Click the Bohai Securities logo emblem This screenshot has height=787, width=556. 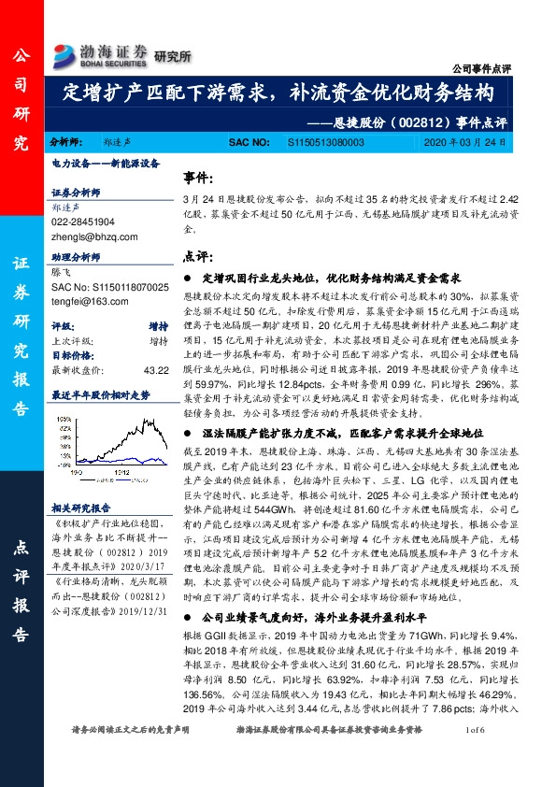(x=65, y=54)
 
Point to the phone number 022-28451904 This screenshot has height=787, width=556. (x=83, y=222)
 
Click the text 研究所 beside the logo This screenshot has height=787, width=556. (x=172, y=56)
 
